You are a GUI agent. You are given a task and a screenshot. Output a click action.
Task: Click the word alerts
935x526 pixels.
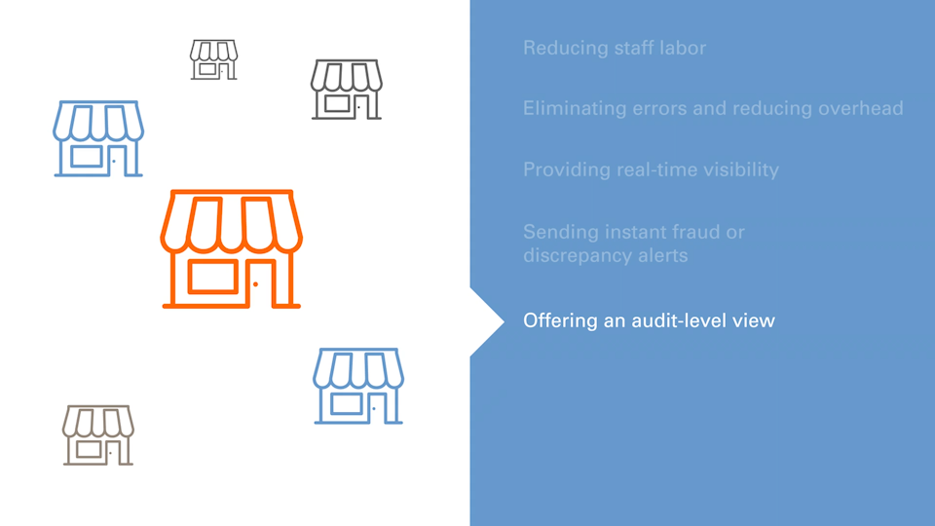(663, 256)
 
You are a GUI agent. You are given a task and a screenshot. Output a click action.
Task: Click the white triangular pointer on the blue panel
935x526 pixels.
(484, 320)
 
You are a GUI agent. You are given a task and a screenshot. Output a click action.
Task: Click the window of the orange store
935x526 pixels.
(214, 276)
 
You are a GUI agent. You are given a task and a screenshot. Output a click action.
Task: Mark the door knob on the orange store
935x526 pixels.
(255, 284)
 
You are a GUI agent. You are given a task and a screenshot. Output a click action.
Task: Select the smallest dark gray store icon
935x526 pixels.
(213, 59)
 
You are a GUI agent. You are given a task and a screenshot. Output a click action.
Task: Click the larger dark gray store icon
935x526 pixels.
(347, 90)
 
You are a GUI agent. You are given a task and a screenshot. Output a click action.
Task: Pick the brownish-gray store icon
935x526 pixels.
(98, 435)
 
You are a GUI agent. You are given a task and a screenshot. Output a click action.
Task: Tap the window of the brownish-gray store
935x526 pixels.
(89, 449)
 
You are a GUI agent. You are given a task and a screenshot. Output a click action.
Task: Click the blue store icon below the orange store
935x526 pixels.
(358, 387)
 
